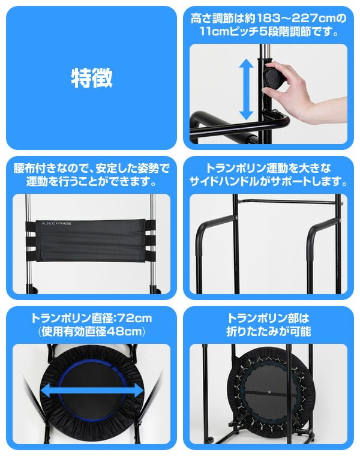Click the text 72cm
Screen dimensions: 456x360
click(133, 319)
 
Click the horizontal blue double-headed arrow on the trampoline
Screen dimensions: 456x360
click(92, 391)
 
